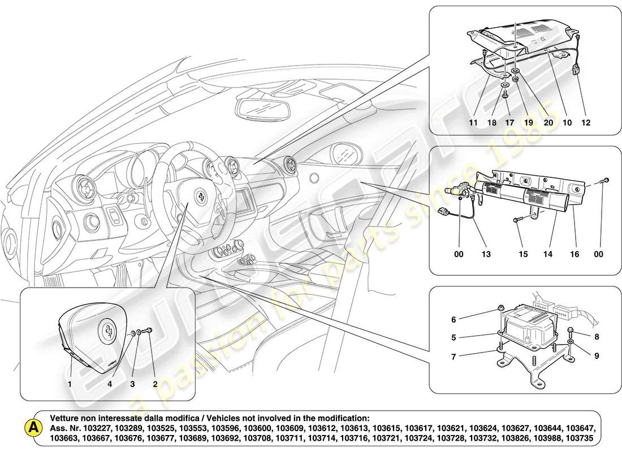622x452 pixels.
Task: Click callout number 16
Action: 575,254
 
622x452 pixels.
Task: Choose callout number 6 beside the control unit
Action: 453,320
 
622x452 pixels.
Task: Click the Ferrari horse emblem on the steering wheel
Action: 202,195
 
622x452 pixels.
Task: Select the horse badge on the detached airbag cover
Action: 106,328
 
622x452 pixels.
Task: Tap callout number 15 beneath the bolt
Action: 523,254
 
